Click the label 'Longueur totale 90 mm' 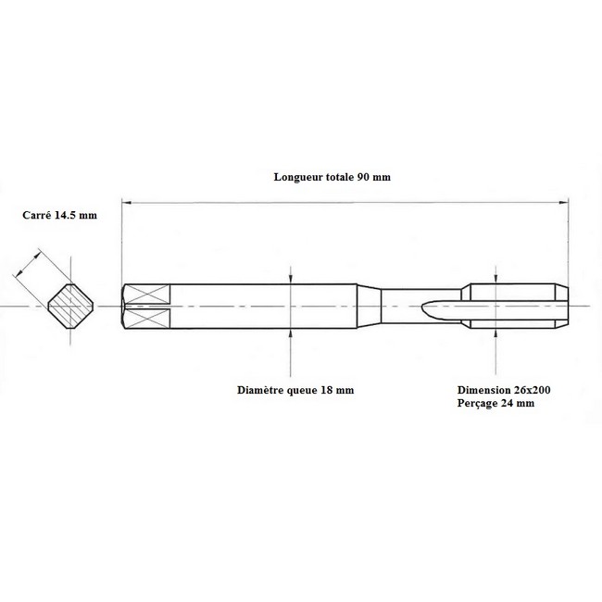coord(332,177)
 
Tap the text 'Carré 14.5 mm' coord(59,215)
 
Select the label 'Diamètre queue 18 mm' coord(295,390)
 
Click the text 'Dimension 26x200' coord(504,390)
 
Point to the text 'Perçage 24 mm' coord(495,403)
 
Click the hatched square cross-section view coord(70,307)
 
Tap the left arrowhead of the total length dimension coord(126,202)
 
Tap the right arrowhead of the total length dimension coord(564,202)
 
